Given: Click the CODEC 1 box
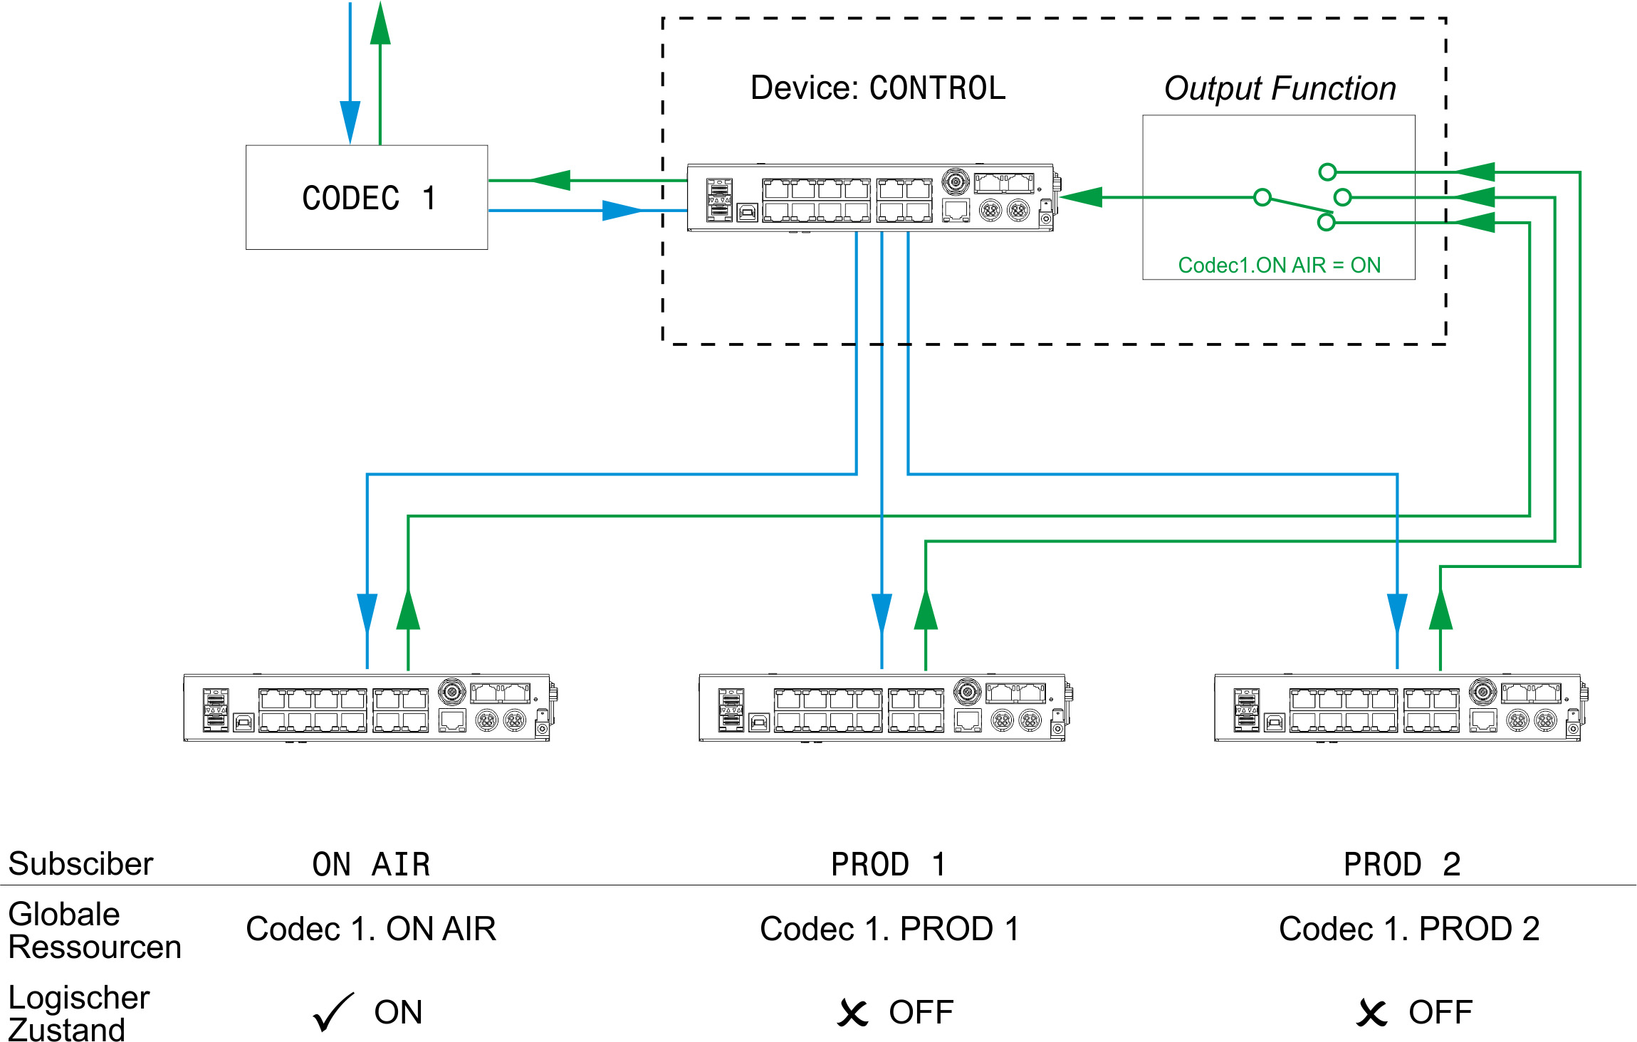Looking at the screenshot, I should (x=367, y=197).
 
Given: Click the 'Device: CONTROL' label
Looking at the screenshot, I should (x=877, y=88).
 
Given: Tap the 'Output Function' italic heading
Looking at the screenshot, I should (x=1280, y=89).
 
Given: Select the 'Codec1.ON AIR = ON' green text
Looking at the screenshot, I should (x=1279, y=265).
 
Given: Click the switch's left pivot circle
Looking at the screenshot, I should (x=1262, y=197).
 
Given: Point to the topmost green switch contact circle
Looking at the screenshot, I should (x=1327, y=172).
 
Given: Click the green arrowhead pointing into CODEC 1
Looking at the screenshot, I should (x=552, y=180).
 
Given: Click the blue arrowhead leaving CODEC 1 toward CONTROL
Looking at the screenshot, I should (x=621, y=210).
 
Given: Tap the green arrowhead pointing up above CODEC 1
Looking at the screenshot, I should (x=380, y=25).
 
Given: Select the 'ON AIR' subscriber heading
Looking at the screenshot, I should (x=371, y=865).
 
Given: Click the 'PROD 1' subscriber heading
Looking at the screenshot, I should (x=888, y=865).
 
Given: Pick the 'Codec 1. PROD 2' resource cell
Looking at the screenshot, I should (x=1408, y=929).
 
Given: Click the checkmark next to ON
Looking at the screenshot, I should (x=333, y=1012).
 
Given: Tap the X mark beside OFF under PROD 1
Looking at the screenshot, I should (x=852, y=1013).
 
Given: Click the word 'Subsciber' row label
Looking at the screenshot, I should (x=80, y=864).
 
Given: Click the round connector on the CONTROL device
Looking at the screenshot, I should (x=955, y=181).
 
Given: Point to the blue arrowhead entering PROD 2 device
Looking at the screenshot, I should (x=1397, y=612).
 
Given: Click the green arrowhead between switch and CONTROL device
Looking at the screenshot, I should (x=1082, y=197).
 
